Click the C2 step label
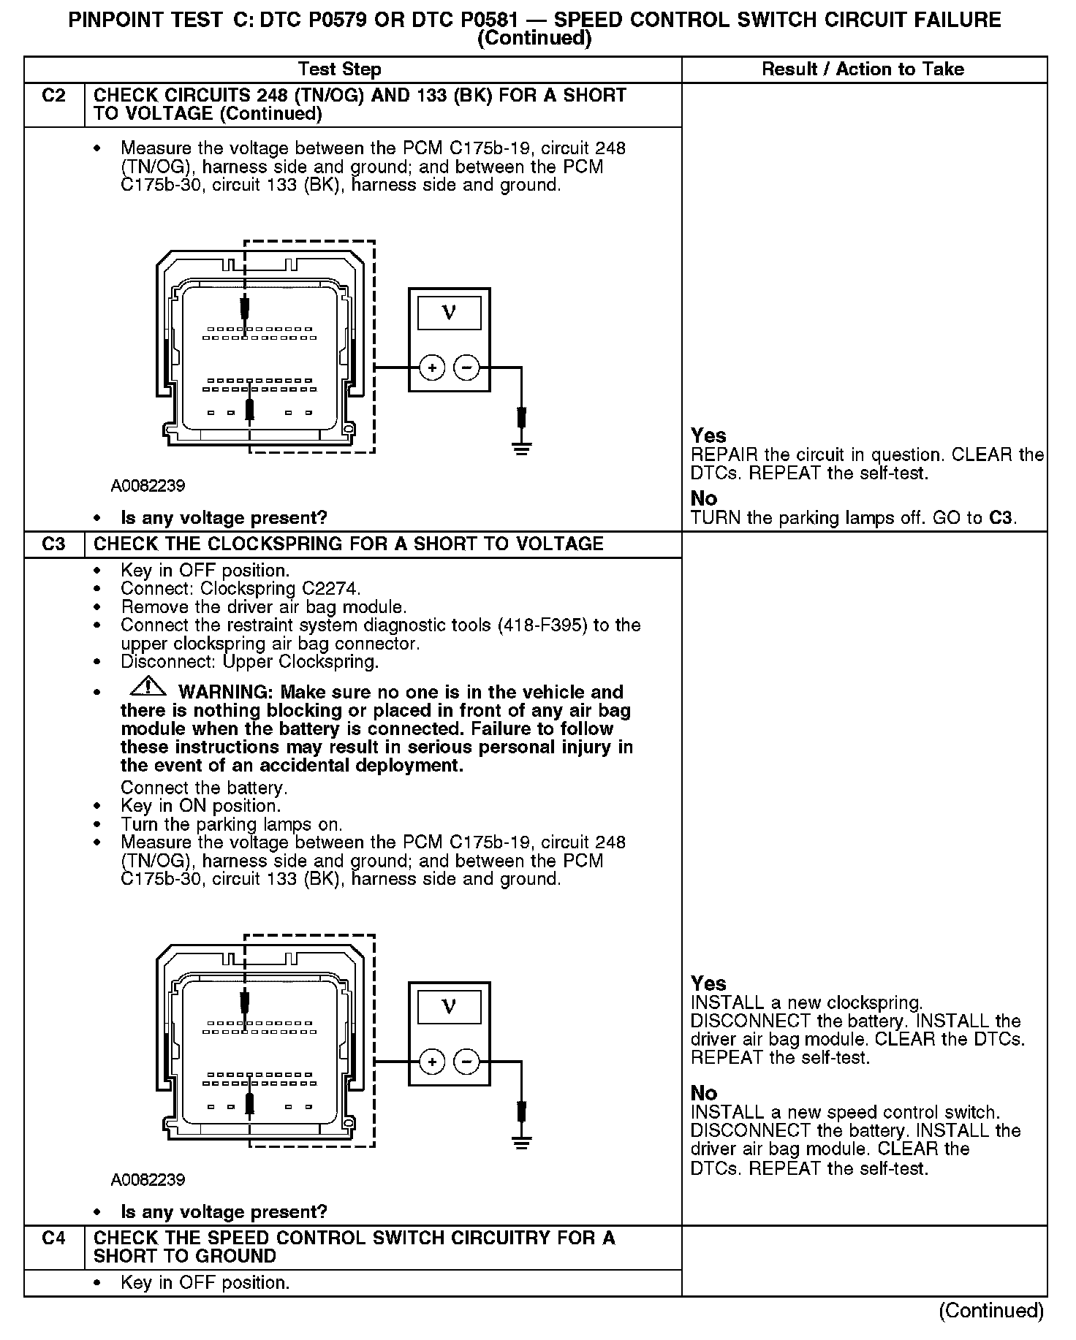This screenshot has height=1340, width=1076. (54, 96)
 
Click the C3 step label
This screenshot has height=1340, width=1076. (54, 545)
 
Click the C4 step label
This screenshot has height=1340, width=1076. (54, 1238)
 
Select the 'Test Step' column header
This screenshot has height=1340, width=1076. (340, 70)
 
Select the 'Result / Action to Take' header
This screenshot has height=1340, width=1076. (863, 69)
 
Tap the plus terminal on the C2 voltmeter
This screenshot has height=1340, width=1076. (432, 368)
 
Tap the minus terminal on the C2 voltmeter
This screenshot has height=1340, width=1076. (467, 368)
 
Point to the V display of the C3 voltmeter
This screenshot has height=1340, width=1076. (449, 1007)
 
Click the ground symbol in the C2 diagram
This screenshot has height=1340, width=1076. (521, 448)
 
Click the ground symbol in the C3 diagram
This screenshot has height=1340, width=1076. (521, 1142)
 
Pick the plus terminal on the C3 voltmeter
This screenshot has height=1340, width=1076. (432, 1062)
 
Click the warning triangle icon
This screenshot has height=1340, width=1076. (148, 688)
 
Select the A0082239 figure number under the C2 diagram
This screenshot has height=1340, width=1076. (148, 486)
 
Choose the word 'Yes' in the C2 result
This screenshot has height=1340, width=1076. (708, 436)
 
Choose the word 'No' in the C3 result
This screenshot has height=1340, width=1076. (704, 1093)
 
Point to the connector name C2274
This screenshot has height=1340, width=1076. (332, 589)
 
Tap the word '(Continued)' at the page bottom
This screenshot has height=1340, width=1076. (990, 1311)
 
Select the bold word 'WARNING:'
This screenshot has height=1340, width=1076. (226, 693)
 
